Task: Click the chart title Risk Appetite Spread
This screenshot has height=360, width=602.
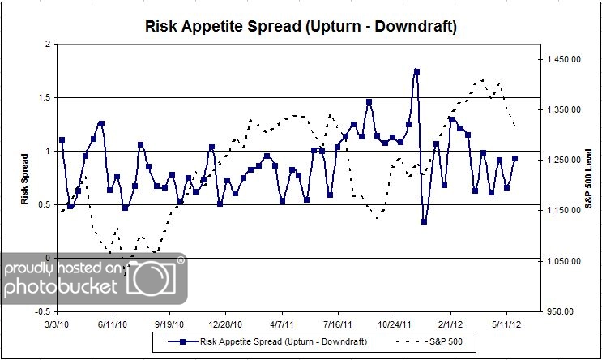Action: click(301, 26)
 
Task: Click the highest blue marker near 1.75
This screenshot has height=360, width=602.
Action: click(416, 71)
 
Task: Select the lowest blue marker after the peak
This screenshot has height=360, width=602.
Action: click(425, 221)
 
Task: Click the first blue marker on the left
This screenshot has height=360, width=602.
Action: click(62, 140)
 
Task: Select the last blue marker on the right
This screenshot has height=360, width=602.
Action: click(514, 159)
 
